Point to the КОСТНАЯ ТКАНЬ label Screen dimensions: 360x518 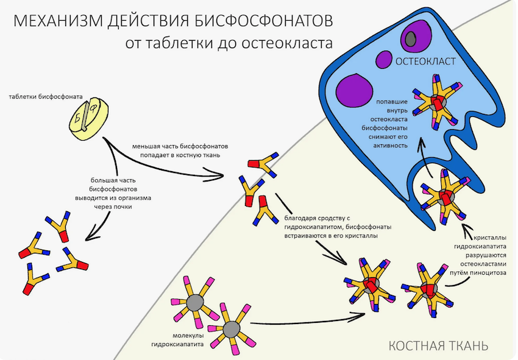438,346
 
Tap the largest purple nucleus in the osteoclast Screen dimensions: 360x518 353,88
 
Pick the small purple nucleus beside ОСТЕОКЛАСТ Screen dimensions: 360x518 384,60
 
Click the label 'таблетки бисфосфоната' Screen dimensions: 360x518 46,97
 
